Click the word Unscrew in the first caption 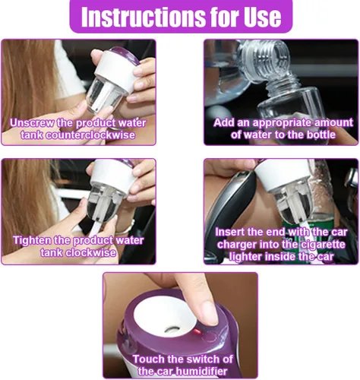32,123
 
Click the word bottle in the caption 321,135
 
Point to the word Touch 148,359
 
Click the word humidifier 201,372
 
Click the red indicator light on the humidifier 197,331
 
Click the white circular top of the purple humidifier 165,314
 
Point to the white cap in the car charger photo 284,176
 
